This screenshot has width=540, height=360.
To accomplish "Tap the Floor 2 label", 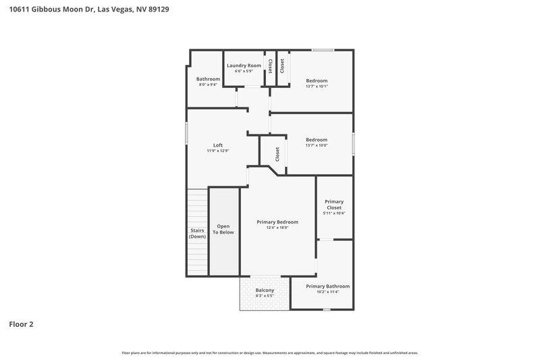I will [21, 324].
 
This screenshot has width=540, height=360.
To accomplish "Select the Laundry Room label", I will [244, 65].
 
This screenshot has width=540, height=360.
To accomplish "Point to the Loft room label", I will [218, 145].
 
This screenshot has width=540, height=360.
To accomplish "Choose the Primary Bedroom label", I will [277, 222].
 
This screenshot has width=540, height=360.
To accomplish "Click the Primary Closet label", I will [334, 205].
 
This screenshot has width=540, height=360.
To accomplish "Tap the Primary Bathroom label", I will [327, 286].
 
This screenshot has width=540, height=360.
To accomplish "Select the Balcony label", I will [265, 291].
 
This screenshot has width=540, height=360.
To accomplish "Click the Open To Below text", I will [223, 229].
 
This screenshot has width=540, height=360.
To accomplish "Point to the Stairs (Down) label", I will [197, 233].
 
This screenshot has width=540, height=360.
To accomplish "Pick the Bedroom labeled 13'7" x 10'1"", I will [317, 82].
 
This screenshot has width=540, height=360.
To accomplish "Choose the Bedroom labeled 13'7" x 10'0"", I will [317, 140].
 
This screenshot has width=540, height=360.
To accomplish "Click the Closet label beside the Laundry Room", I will [271, 66].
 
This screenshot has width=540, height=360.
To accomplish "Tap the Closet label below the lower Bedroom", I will [277, 154].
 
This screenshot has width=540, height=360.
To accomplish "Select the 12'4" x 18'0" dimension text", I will [277, 228].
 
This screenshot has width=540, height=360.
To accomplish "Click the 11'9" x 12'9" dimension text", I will [218, 151].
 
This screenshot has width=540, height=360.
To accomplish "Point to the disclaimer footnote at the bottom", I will [270, 353].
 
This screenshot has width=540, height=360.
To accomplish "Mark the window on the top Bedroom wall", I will [322, 49].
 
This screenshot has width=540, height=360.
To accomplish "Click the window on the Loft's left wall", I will [187, 132].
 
